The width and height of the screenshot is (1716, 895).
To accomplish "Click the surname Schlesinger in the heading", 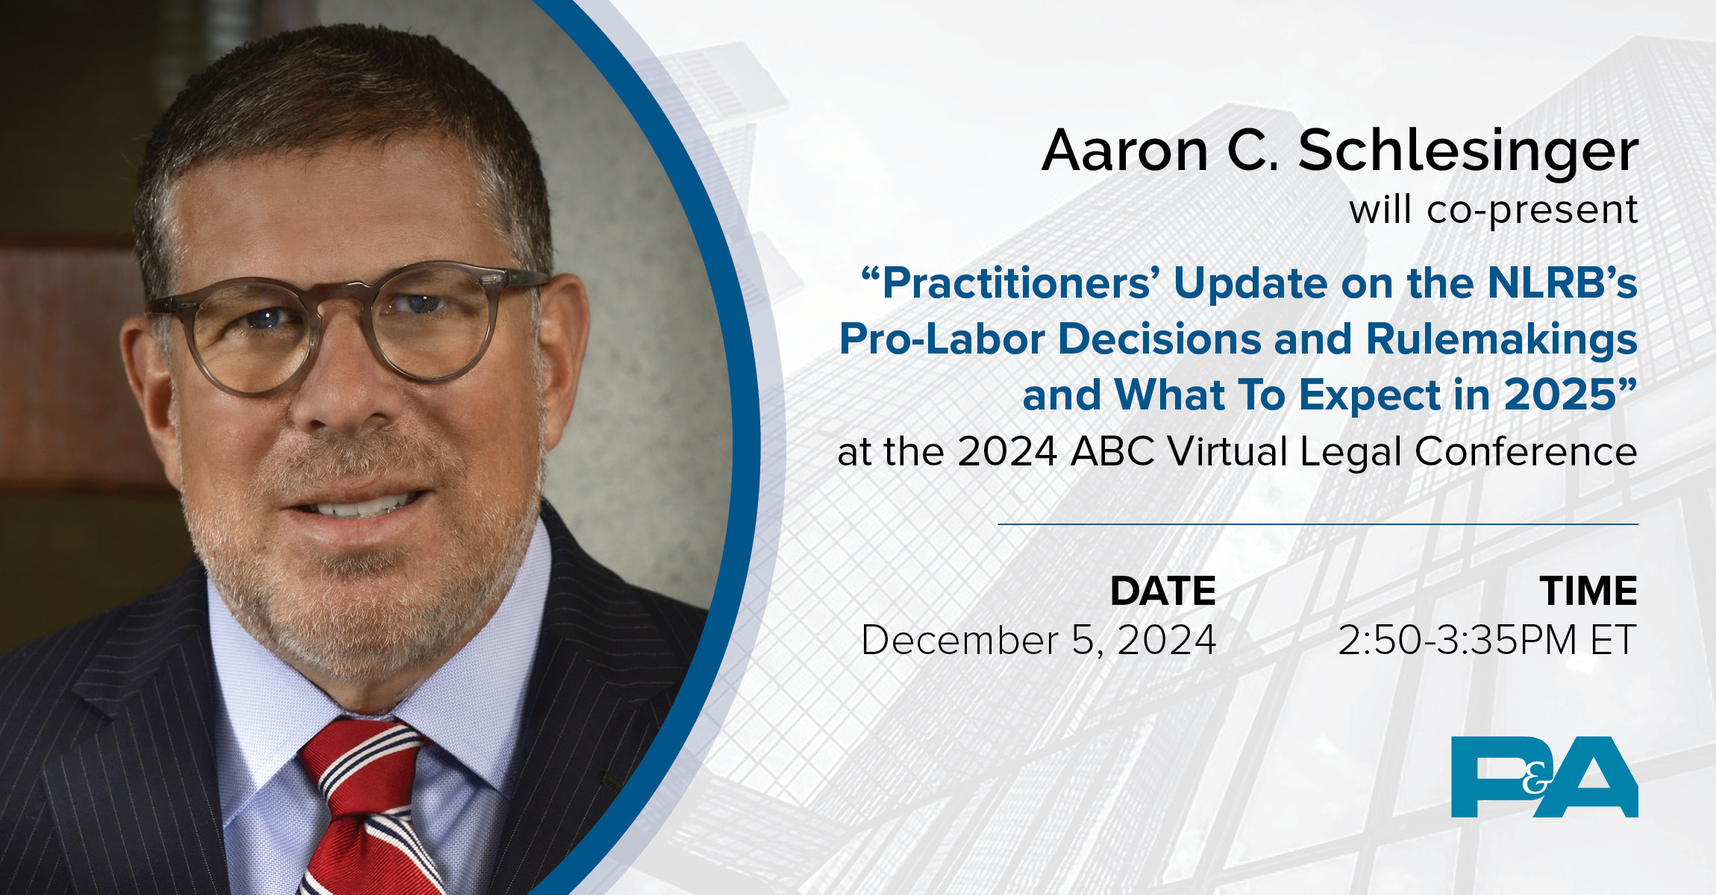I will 1468,151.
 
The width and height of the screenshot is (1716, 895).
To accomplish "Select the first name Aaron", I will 1124,151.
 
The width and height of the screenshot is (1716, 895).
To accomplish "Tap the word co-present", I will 1532,210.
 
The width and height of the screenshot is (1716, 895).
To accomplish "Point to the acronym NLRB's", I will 1562,284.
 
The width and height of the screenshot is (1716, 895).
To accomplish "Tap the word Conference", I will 1525,452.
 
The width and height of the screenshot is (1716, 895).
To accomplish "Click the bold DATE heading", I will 1162,591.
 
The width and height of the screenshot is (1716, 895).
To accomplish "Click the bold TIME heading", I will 1588,591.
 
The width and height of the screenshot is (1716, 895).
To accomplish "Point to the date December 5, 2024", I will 1039,641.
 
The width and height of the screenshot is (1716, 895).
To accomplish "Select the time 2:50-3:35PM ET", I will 1487,641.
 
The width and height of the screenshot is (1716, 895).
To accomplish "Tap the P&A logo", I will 1544,777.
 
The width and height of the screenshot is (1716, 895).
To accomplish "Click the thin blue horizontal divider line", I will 1318,524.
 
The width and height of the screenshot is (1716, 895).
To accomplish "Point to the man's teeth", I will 362,509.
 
